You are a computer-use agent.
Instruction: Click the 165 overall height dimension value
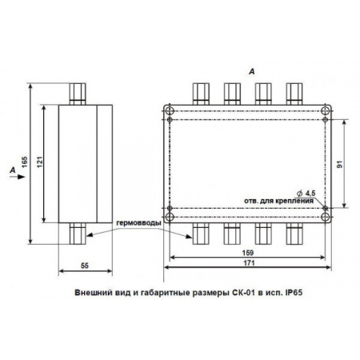(24, 162)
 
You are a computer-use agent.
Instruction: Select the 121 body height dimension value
(40, 162)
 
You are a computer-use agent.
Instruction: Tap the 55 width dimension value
(85, 266)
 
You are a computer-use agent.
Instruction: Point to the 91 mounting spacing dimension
(339, 164)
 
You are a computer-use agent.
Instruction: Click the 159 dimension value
(248, 252)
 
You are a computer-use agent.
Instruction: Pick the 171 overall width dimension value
(249, 263)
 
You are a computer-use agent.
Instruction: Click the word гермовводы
(138, 223)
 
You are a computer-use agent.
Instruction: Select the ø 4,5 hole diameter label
(306, 193)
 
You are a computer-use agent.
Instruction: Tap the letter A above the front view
(251, 72)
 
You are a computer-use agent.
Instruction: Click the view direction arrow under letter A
(18, 177)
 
